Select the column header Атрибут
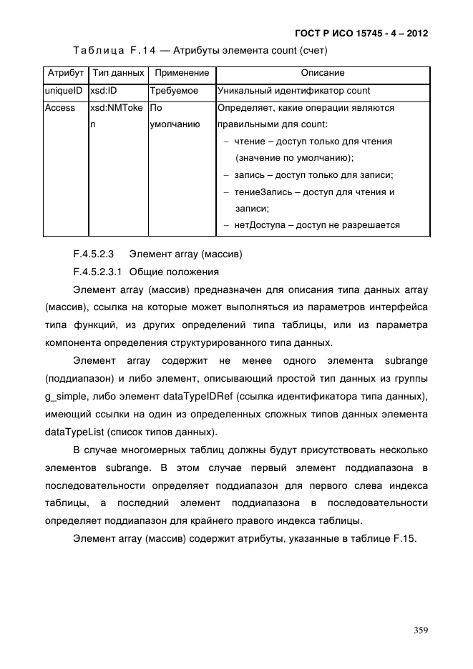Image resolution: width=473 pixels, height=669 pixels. pos(65,73)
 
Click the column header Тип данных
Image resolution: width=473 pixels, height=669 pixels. pos(119,73)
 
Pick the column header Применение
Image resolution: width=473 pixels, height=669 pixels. pos(182,73)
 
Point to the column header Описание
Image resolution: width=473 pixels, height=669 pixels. pos(322,73)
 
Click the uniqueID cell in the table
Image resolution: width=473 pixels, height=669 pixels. pos(64,91)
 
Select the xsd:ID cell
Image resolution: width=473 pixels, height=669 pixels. pos(104,91)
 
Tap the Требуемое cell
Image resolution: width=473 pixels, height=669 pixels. pos(174,91)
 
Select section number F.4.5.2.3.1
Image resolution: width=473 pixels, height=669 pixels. pos(99,272)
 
